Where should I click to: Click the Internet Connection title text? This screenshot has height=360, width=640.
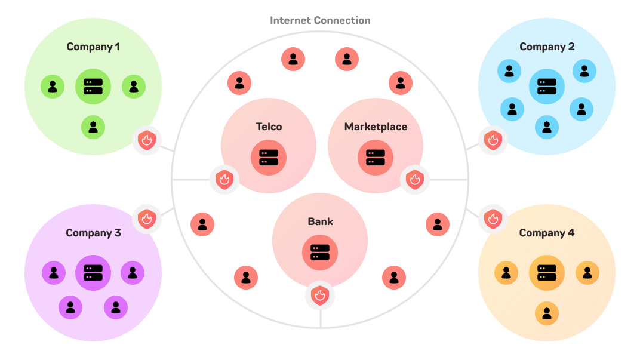click(x=320, y=20)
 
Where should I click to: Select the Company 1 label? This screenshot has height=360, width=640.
click(x=93, y=47)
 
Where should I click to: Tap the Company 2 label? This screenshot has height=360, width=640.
click(x=547, y=47)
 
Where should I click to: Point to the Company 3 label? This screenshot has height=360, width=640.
click(x=93, y=233)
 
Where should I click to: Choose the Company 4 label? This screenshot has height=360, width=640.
click(x=547, y=233)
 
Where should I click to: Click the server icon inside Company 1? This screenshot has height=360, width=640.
click(x=93, y=87)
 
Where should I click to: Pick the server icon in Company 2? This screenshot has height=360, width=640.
click(x=547, y=87)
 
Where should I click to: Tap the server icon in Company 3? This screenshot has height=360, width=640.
click(x=93, y=273)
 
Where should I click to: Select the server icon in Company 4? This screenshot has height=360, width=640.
click(x=547, y=273)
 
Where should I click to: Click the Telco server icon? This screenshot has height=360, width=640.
click(x=269, y=158)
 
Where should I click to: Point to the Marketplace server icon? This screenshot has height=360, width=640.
click(x=376, y=158)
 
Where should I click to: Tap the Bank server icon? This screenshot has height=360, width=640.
click(x=320, y=253)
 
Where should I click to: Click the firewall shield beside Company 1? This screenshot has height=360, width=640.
click(x=147, y=141)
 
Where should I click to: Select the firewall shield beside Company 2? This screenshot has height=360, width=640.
click(x=493, y=141)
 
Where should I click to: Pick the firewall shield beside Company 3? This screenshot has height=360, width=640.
click(x=147, y=219)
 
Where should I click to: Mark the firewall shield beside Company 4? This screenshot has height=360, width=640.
click(x=493, y=219)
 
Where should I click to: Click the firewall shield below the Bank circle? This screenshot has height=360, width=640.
click(x=320, y=296)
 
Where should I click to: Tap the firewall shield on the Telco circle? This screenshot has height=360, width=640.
click(x=224, y=179)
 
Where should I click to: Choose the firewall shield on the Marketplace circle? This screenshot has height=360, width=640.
click(x=415, y=179)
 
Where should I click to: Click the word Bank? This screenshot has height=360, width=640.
click(x=320, y=221)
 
